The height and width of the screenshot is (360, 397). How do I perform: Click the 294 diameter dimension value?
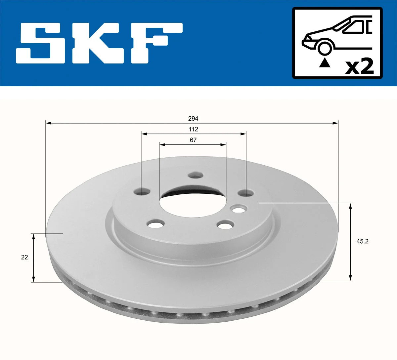click(x=193, y=118)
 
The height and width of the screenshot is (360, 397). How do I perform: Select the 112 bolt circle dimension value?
click(x=193, y=129)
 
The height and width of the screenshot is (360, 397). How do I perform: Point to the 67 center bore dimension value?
click(x=193, y=140)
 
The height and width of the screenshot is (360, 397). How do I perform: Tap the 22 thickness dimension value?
click(x=24, y=257)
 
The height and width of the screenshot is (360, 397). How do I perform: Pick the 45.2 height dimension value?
click(x=362, y=241)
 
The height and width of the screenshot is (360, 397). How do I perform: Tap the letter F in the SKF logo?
click(x=155, y=43)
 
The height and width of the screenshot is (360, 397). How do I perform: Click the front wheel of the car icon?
click(x=325, y=48)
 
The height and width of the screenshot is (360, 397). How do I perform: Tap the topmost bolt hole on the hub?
click(x=195, y=175)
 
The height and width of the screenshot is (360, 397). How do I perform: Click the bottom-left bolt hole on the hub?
click(x=155, y=224)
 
